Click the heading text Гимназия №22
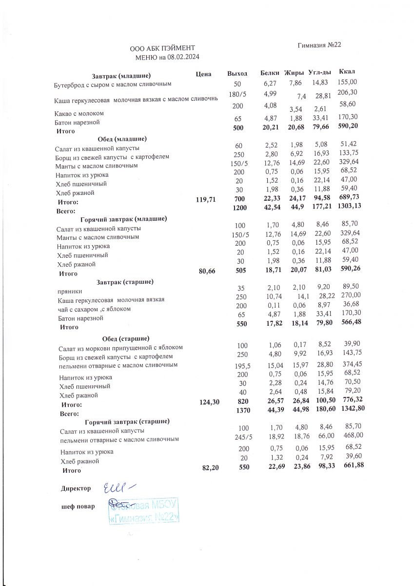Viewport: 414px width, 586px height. (x=319, y=45)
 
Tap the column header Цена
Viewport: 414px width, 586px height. (x=203, y=74)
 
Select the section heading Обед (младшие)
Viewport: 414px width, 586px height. (x=122, y=139)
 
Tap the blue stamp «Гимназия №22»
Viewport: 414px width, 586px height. (x=144, y=511)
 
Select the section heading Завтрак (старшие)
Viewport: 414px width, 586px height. (x=125, y=282)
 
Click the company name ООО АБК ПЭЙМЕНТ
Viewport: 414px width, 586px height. (x=162, y=48)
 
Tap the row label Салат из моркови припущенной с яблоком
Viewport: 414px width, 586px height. (x=120, y=348)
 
